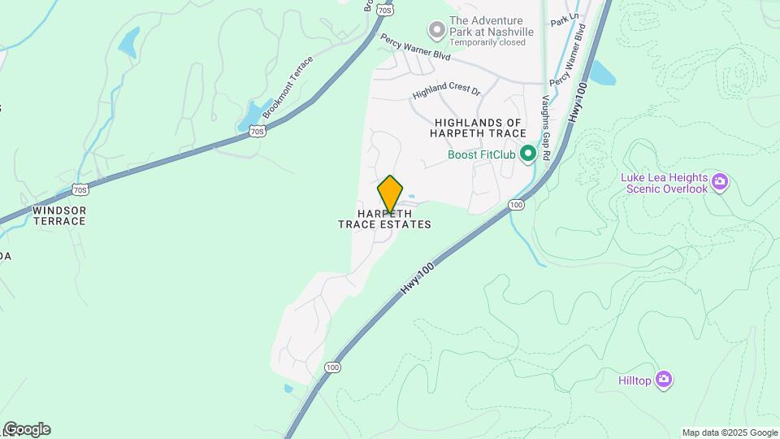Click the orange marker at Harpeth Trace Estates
[390, 193]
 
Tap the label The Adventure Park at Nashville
[491, 26]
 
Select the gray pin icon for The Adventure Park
[437, 31]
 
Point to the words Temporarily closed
[487, 43]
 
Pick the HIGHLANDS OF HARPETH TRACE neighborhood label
[478, 128]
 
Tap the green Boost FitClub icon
[526, 154]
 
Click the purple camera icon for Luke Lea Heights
[718, 182]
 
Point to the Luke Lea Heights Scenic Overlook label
[663, 183]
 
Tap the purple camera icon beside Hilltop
[665, 379]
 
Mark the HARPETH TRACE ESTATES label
[384, 219]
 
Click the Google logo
[27, 429]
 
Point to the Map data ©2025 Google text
[729, 432]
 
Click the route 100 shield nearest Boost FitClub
[515, 203]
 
